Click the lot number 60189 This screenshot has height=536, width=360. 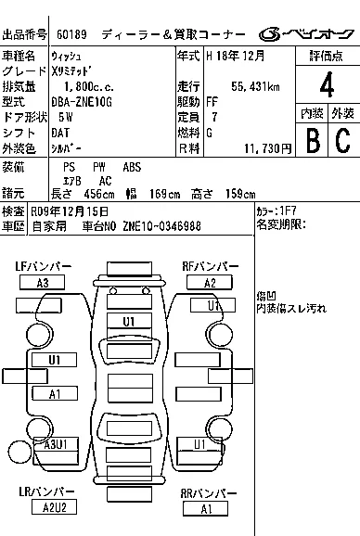coord(71,34)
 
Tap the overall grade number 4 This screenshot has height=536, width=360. coord(327,84)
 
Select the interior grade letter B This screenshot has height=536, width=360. coord(313,140)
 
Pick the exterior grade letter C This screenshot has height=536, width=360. coord(343,140)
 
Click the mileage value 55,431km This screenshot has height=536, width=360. coord(255,86)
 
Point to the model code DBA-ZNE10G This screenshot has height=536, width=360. coord(82,102)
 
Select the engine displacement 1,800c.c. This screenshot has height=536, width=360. coord(89,86)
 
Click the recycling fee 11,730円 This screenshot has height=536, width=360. coord(268,148)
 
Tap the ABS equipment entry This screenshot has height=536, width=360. coord(132,167)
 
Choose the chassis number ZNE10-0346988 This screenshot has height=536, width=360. coord(161,226)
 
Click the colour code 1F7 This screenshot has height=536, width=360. coord(288,211)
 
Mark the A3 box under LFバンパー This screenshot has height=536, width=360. coord(42,283)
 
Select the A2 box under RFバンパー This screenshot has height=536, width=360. coord(210,283)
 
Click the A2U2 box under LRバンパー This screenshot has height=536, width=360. coord(54,507)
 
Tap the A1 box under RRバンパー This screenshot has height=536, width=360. coord(205,509)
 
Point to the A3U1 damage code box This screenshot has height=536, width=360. coord(56,444)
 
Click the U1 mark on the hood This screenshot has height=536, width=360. coord(129,322)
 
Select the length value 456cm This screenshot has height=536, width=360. coord(99,194)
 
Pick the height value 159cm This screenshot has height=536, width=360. coord(240,194)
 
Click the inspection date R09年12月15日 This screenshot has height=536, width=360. coord(70,211)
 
